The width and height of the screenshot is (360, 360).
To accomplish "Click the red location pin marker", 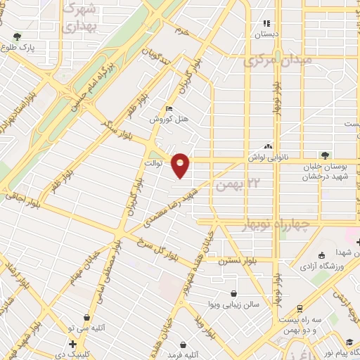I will click(181, 166).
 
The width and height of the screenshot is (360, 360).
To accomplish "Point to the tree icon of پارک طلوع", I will click(17, 36).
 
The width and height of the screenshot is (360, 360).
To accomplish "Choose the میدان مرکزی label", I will click(276, 62).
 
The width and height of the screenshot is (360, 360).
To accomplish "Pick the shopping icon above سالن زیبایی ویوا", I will click(233, 294).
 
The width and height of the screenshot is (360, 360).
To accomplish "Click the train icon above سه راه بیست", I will click(300, 308).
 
